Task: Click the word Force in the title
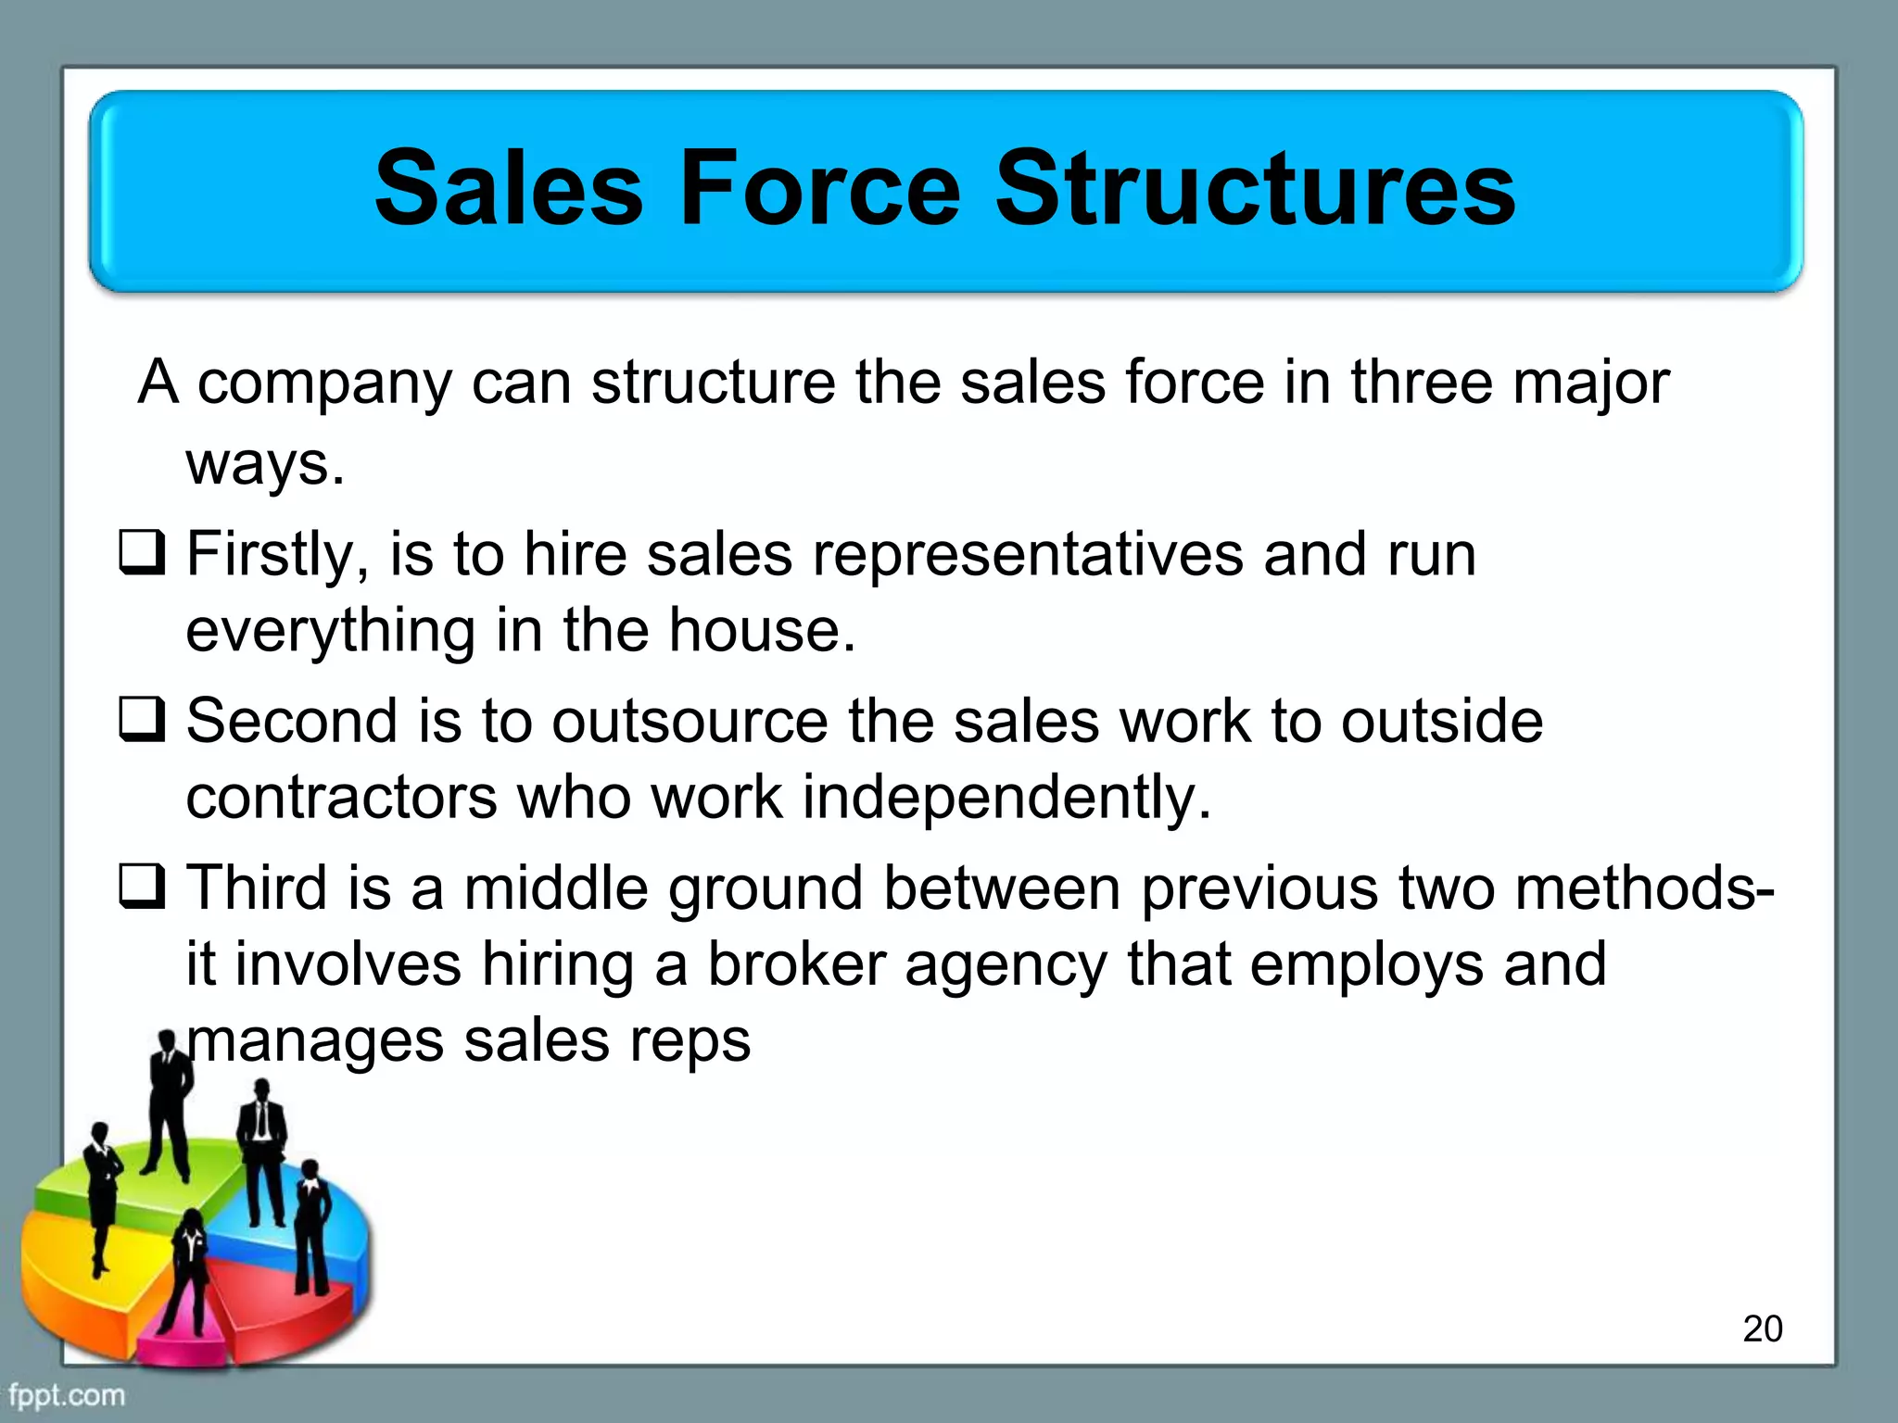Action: (x=820, y=190)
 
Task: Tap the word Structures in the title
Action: (x=1255, y=190)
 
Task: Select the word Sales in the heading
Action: (x=509, y=190)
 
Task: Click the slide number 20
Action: (x=1762, y=1329)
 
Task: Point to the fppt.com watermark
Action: (x=67, y=1394)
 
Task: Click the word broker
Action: (x=796, y=964)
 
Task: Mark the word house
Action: (x=762, y=631)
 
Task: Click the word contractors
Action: (x=341, y=798)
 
